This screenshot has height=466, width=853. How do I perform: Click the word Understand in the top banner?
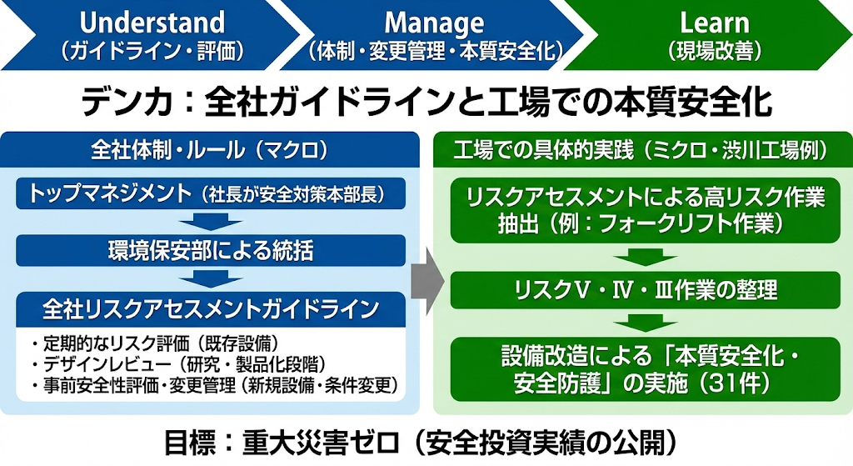(x=152, y=22)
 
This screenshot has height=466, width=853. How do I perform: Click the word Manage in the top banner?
(x=434, y=22)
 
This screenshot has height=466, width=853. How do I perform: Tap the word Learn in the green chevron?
(x=714, y=22)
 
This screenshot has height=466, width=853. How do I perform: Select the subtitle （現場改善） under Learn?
(x=715, y=51)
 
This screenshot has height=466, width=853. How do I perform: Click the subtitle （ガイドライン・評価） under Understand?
(x=152, y=51)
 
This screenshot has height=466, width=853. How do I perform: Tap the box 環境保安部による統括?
(x=210, y=249)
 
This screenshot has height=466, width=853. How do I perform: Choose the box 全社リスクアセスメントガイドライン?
(x=210, y=308)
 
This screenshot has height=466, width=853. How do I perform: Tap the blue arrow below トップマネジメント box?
(x=210, y=222)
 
